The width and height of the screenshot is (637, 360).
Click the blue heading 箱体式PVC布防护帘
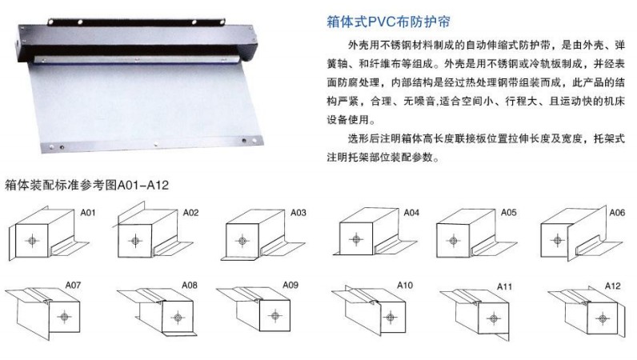point(388,22)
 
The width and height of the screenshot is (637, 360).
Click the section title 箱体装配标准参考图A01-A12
point(86,186)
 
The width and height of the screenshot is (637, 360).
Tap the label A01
point(88,213)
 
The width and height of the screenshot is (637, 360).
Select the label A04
point(411,213)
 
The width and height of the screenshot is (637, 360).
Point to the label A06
point(617,213)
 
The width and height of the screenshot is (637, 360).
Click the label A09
point(290,285)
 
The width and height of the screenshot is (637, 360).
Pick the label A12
point(613,286)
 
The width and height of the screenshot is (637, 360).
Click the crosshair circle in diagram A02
point(135,241)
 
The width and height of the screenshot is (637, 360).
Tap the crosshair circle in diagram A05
point(454,241)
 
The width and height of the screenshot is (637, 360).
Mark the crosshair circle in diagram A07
point(64,316)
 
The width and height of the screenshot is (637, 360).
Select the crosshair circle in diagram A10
point(391,318)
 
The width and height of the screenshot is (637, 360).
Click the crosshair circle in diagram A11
point(493,318)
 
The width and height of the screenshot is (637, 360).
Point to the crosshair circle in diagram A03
point(242,241)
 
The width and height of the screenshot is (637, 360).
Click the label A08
point(190,285)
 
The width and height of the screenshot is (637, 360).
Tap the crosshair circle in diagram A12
point(603,318)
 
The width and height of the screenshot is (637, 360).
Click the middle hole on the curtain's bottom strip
point(155,144)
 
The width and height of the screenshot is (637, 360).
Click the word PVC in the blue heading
point(381,22)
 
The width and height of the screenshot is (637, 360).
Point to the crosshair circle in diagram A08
point(178,318)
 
